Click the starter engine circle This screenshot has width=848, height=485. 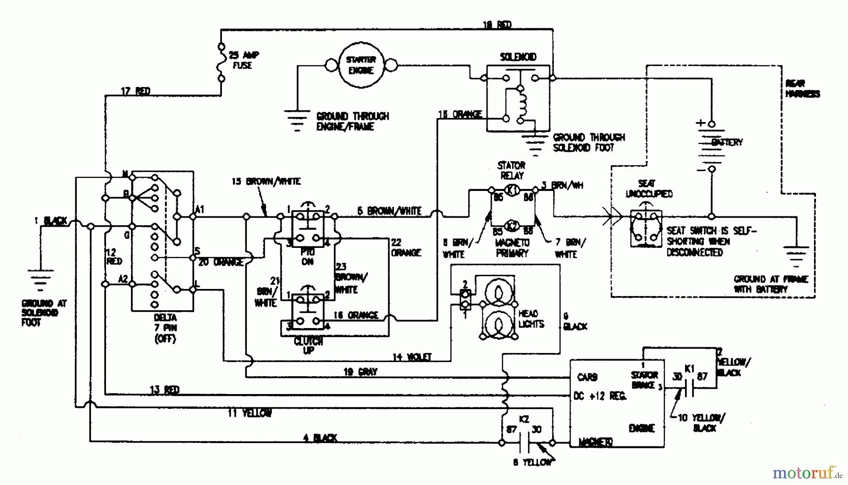click(361, 65)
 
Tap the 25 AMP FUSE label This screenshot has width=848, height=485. click(244, 60)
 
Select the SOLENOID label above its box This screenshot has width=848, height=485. click(518, 57)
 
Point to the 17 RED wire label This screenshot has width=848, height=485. click(136, 91)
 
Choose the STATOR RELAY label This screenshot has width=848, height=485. click(512, 171)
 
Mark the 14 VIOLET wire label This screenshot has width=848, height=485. click(412, 357)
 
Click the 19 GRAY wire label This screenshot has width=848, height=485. click(360, 371)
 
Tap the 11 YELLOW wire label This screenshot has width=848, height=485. click(250, 413)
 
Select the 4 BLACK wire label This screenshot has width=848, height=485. click(320, 437)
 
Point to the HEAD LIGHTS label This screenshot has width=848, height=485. click(531, 319)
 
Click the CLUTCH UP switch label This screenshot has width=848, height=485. click(309, 345)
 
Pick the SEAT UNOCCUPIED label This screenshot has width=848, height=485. click(649, 189)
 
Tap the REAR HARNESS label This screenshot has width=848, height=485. click(802, 89)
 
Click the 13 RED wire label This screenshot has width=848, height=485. click(164, 390)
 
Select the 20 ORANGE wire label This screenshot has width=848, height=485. click(221, 262)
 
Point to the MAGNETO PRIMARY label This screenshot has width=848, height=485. click(512, 248)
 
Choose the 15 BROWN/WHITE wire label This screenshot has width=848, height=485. click(266, 181)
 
